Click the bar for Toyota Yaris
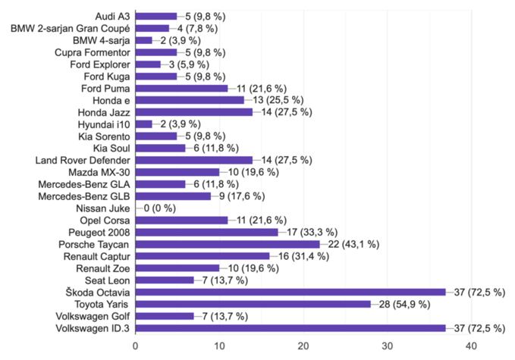(x=253, y=304)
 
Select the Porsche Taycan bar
(x=228, y=245)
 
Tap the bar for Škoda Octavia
(x=290, y=292)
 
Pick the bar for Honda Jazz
(x=194, y=112)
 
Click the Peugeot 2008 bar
(x=206, y=233)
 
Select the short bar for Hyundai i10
(x=144, y=124)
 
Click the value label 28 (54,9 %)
(x=407, y=304)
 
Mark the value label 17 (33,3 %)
(x=314, y=233)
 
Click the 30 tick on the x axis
(x=387, y=346)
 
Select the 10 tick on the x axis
(x=219, y=346)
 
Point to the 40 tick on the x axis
(x=471, y=346)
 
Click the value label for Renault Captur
(x=306, y=256)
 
